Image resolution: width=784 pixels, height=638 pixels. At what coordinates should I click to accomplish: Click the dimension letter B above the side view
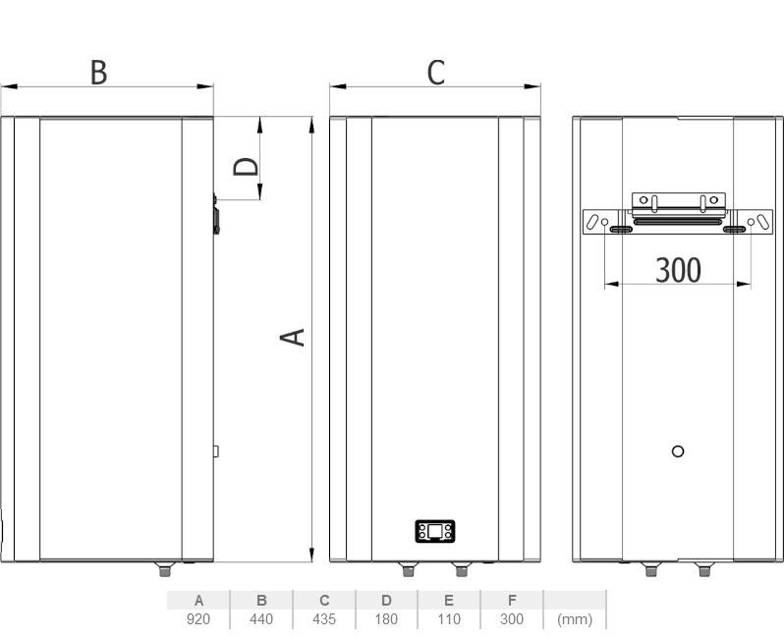click(x=98, y=73)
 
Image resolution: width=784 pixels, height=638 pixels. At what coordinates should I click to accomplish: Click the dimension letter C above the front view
click(x=436, y=73)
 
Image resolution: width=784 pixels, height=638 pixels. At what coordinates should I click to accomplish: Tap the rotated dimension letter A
click(x=292, y=338)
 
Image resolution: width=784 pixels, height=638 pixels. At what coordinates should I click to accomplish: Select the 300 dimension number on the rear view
click(x=678, y=270)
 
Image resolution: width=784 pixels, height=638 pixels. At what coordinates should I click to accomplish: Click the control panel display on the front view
click(x=435, y=531)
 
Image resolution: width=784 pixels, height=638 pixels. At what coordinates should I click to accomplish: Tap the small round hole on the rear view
click(x=678, y=452)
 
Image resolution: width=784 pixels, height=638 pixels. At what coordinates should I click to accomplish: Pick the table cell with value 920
click(x=198, y=619)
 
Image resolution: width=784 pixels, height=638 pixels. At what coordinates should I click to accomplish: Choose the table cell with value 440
click(x=261, y=619)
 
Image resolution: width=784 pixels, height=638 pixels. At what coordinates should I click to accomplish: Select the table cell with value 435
click(x=324, y=619)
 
